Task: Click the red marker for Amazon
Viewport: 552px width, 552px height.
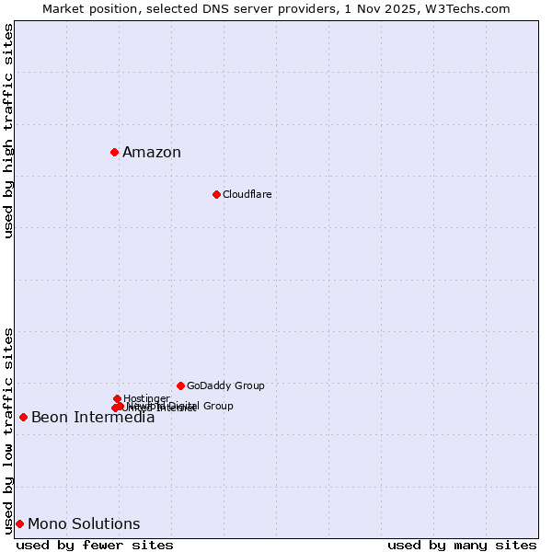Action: pyautogui.click(x=114, y=152)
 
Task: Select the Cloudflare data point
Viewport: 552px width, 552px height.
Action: pyautogui.click(x=216, y=194)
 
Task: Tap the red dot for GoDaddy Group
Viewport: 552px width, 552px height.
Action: pyautogui.click(x=180, y=385)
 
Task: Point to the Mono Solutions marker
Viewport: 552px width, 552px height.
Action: pyautogui.click(x=19, y=523)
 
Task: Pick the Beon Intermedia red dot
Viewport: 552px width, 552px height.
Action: pyautogui.click(x=23, y=417)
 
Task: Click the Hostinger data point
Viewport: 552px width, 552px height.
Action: pyautogui.click(x=117, y=398)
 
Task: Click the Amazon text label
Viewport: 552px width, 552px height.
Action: pyautogui.click(x=152, y=153)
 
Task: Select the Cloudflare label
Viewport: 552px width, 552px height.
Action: pyautogui.click(x=247, y=194)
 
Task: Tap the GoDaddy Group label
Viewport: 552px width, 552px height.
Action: pyautogui.click(x=225, y=385)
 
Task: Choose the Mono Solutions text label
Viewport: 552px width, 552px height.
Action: pyautogui.click(x=84, y=524)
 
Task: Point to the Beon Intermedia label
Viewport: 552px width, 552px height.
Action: pyautogui.click(x=93, y=418)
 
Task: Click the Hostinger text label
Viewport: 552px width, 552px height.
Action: pyautogui.click(x=146, y=398)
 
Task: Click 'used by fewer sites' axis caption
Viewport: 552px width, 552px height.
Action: pyautogui.click(x=95, y=545)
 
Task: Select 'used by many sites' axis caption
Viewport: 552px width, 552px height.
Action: pyautogui.click(x=462, y=545)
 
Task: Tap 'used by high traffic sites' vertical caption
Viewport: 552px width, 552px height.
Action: pyautogui.click(x=8, y=132)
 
